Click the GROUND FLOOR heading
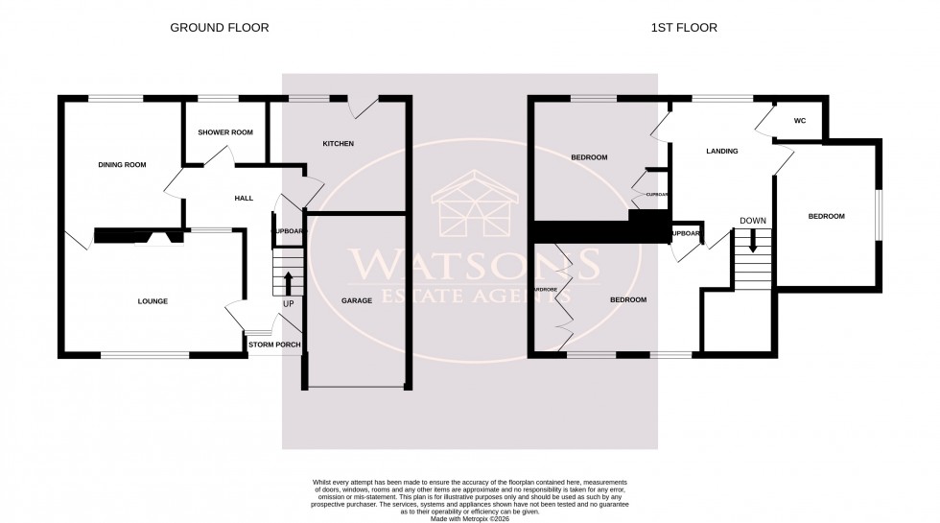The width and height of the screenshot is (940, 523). (220, 28)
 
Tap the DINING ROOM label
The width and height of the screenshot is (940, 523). (122, 165)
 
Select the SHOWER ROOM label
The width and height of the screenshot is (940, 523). (225, 132)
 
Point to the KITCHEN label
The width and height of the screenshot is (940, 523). (339, 144)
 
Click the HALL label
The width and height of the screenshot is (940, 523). (244, 198)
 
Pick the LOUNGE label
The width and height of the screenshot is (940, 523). (153, 301)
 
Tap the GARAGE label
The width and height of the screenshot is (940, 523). (357, 301)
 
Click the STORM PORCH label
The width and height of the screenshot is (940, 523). (275, 345)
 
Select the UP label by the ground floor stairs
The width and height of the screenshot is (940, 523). (288, 304)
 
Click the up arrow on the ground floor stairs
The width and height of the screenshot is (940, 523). (289, 283)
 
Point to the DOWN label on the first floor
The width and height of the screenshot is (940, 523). (753, 221)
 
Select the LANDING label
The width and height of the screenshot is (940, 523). (721, 151)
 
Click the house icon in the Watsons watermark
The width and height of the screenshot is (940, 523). (470, 206)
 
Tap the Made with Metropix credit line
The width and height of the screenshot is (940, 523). (470, 519)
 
